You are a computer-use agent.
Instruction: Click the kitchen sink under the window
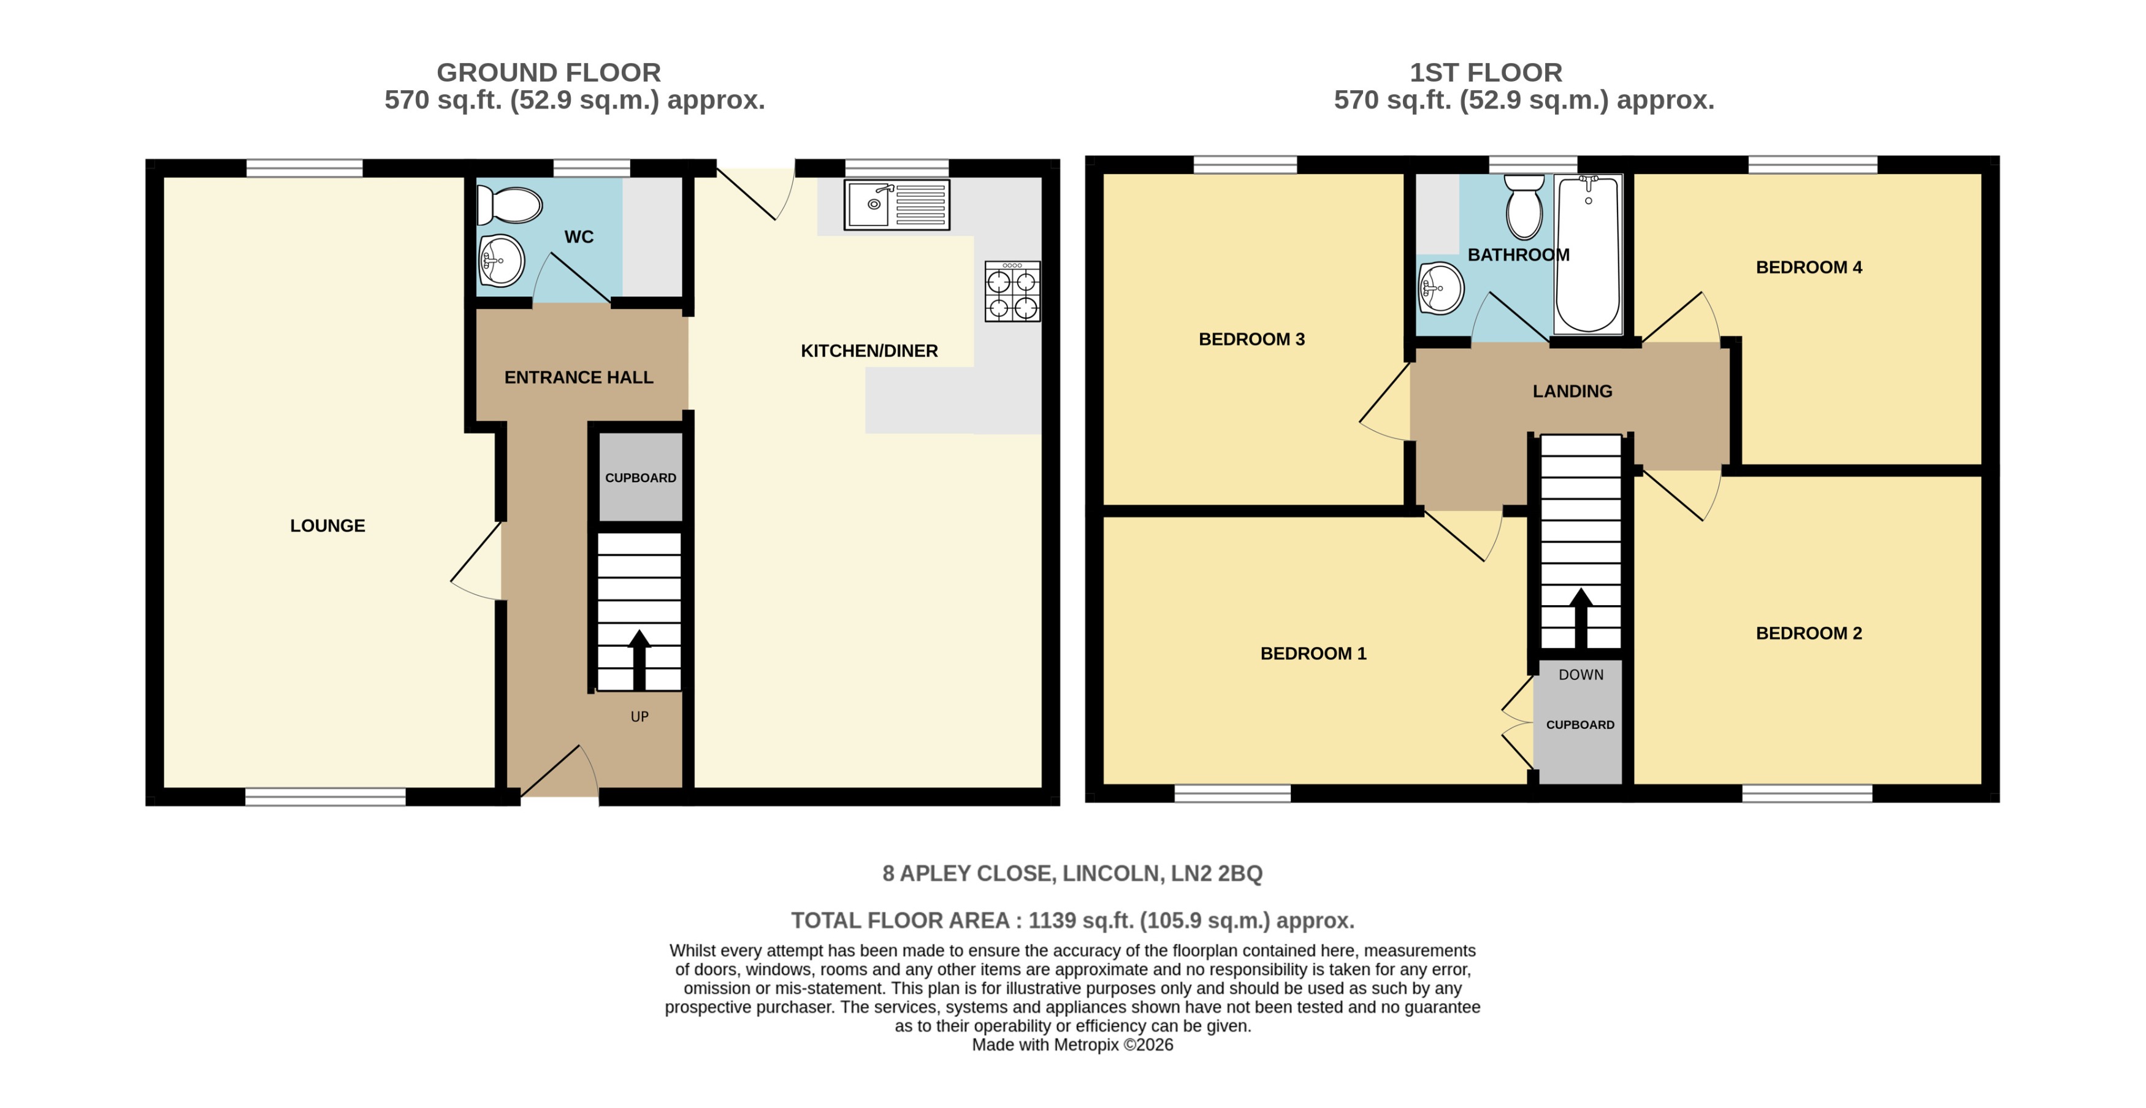click(896, 204)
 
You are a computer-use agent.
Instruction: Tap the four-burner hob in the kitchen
click(1012, 292)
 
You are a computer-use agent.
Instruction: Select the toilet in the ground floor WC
click(510, 205)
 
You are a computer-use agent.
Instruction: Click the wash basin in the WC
click(502, 261)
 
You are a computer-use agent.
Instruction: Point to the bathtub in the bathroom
click(1588, 254)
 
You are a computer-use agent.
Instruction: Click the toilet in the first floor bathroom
click(1524, 207)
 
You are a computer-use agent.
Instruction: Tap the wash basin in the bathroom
click(1440, 288)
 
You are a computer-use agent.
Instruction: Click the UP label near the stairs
click(639, 716)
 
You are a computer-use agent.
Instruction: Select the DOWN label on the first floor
click(1580, 675)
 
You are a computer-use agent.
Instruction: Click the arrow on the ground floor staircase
click(639, 658)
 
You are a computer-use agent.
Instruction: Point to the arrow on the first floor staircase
click(1580, 616)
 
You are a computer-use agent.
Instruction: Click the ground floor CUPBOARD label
click(640, 478)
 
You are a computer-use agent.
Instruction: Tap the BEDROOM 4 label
click(1808, 267)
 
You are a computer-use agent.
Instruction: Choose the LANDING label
click(1572, 392)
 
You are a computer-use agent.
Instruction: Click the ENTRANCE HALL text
click(578, 377)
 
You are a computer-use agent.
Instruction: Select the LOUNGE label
click(327, 525)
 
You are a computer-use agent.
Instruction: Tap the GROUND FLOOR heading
click(548, 72)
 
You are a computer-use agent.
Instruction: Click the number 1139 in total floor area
click(1052, 920)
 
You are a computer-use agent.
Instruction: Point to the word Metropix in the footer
click(1086, 1045)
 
